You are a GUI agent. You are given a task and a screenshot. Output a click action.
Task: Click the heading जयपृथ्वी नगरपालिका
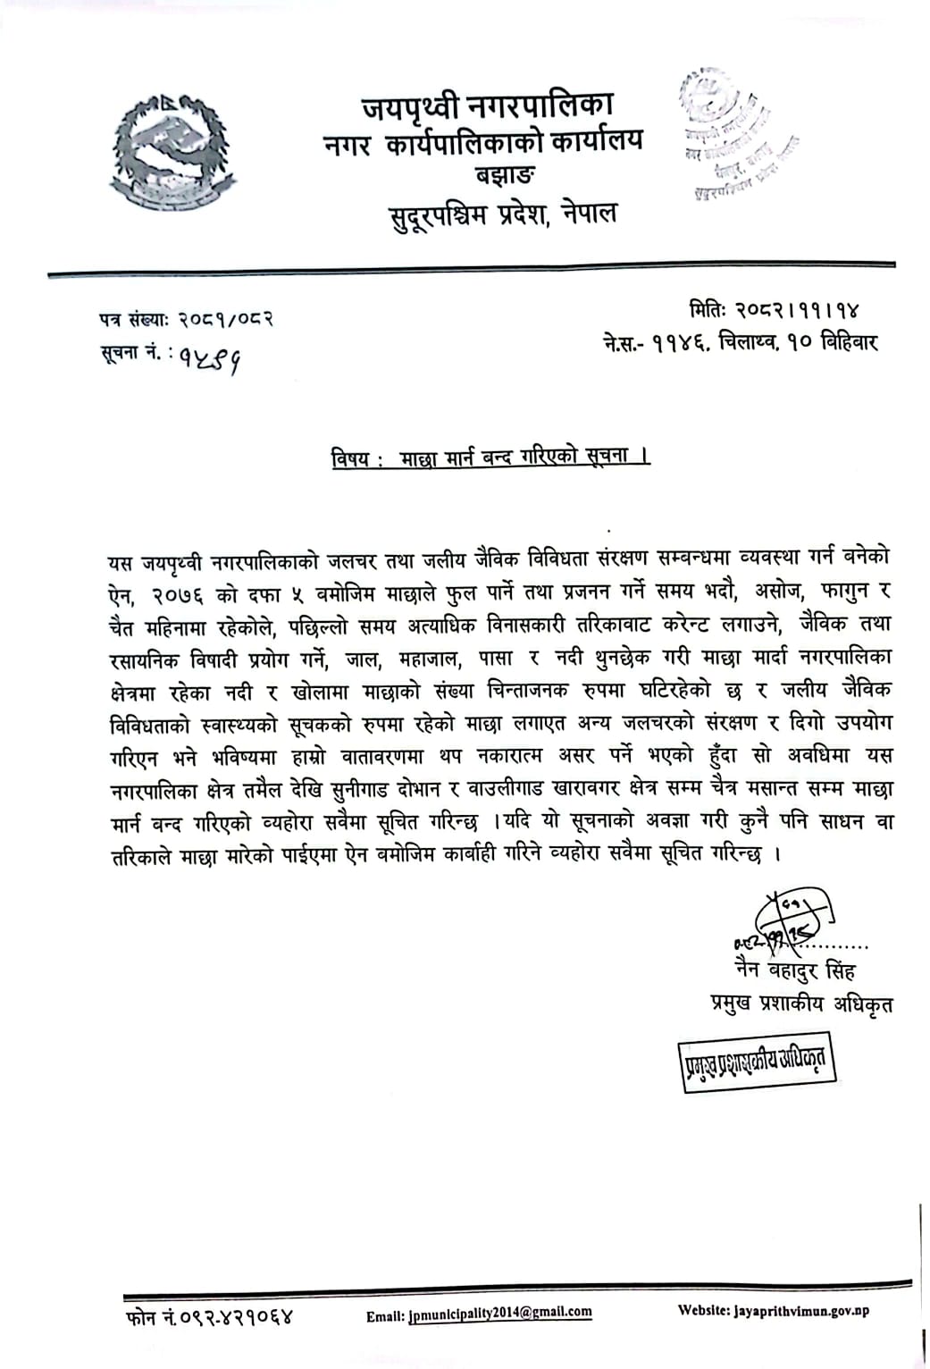pyautogui.click(x=487, y=108)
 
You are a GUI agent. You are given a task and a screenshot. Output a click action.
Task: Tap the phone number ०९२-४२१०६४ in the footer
pyautogui.click(x=234, y=1316)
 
